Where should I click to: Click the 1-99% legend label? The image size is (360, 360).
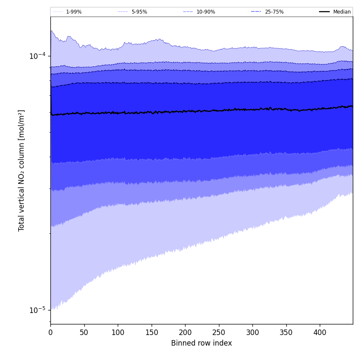click(74, 12)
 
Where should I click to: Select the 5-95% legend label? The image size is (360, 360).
click(139, 12)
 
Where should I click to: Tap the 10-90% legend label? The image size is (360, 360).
click(205, 12)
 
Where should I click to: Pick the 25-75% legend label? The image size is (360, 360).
click(274, 12)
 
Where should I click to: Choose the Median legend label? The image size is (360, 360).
click(342, 12)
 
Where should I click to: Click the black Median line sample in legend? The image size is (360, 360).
click(325, 12)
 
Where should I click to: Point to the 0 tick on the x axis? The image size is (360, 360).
click(50, 333)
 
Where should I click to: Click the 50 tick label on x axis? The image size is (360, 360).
click(84, 333)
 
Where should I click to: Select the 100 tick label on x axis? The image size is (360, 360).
click(118, 333)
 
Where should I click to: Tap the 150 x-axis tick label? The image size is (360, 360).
click(151, 333)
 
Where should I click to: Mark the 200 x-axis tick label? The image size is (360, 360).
click(185, 333)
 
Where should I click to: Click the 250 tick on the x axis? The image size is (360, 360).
click(219, 333)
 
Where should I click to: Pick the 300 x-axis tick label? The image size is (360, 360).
click(252, 333)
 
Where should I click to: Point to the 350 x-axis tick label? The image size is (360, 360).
click(286, 333)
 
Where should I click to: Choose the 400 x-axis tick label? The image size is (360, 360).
click(320, 333)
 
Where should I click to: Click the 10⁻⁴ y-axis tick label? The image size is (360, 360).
click(37, 55)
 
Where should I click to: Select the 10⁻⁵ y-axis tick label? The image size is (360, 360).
click(37, 310)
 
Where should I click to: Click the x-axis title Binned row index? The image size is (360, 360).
click(202, 343)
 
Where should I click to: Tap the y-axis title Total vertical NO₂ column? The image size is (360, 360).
click(22, 170)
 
